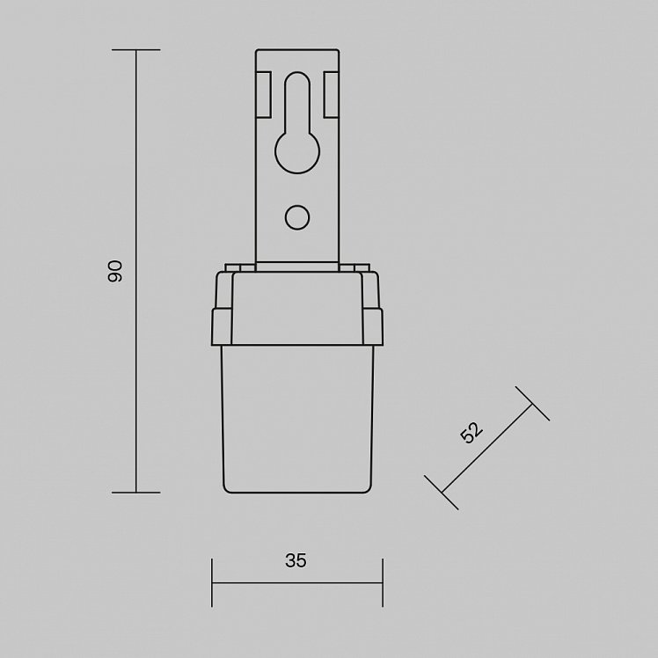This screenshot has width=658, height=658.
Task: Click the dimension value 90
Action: (114, 271)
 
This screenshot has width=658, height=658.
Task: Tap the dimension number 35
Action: (296, 560)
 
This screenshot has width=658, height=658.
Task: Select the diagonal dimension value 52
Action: (472, 432)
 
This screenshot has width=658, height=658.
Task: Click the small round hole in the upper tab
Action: (297, 217)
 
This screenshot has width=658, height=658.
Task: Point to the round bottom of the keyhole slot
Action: (297, 152)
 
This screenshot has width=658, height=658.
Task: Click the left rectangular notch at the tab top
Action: (264, 94)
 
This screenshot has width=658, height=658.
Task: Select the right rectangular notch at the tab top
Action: (331, 94)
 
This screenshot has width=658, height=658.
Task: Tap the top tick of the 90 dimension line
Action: (136, 50)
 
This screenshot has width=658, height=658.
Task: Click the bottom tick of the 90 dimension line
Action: (136, 493)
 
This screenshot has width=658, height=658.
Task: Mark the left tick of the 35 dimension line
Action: (212, 582)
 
